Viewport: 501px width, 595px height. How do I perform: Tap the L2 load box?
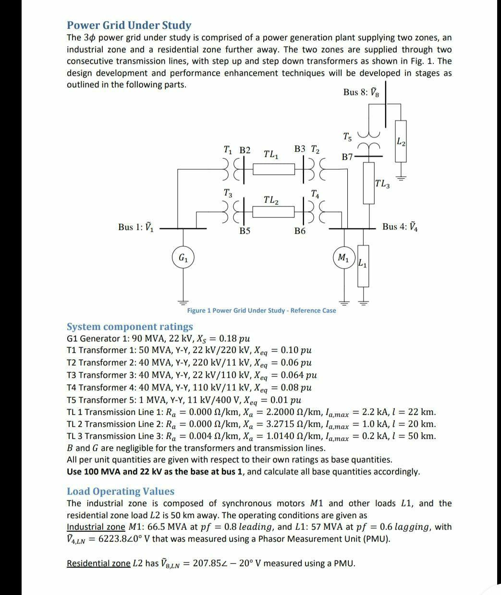pyautogui.click(x=401, y=141)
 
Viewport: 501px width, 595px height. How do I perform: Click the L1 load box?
pyautogui.click(x=363, y=264)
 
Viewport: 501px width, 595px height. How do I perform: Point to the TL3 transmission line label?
pyautogui.click(x=383, y=183)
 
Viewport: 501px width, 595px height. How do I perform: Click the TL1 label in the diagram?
pyautogui.click(x=271, y=155)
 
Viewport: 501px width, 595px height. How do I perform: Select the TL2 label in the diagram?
pyautogui.click(x=271, y=199)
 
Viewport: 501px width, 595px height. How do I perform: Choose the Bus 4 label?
pyautogui.click(x=401, y=227)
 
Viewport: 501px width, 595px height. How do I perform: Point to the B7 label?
pyautogui.click(x=347, y=157)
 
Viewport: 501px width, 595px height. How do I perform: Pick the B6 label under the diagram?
pyautogui.click(x=300, y=231)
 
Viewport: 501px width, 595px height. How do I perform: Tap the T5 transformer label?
pyautogui.click(x=347, y=137)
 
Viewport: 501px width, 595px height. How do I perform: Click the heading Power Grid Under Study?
pyautogui.click(x=129, y=25)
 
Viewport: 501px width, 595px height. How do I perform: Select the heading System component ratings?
pyautogui.click(x=129, y=327)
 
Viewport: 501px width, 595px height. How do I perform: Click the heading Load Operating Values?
pyautogui.click(x=121, y=491)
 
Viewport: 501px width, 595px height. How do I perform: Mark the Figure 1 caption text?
pyautogui.click(x=261, y=310)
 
